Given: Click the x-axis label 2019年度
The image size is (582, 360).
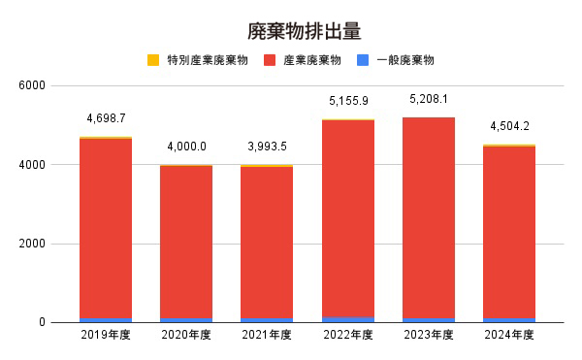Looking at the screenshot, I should pos(106,335).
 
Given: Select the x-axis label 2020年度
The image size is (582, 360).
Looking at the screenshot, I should pos(186,335).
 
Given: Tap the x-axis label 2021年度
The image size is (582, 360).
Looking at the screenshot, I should pos(267,335).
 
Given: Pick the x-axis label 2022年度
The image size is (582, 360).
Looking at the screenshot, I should pos(348,335).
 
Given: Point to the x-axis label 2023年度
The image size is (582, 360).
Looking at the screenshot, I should pos(429,335).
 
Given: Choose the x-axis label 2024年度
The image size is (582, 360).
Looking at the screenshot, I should pos(509,335).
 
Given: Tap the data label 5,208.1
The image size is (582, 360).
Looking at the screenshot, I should pos(429,100).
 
